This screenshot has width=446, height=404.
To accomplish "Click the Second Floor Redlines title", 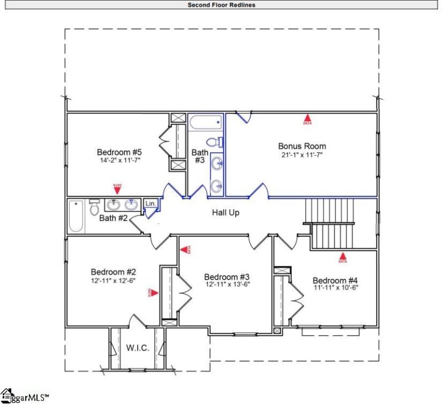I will click(x=222, y=5).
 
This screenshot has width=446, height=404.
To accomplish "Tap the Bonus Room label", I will click(x=302, y=146).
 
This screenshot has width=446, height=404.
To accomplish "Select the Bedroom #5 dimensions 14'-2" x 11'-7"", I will click(x=120, y=160).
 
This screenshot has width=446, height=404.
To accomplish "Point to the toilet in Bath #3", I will click(x=214, y=142).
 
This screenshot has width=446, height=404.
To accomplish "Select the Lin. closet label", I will click(x=151, y=204).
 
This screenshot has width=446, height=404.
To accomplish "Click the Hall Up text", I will click(x=226, y=213).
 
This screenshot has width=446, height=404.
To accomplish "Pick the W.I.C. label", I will click(x=137, y=348).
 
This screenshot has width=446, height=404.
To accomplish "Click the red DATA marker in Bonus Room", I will click(x=307, y=119).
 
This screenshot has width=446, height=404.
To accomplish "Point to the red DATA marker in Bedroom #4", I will click(x=342, y=258).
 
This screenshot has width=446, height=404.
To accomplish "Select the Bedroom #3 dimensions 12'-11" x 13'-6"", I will click(x=226, y=284).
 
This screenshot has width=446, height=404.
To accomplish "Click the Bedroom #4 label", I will click(x=335, y=280).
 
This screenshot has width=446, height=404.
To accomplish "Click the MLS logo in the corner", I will click(x=25, y=396).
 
